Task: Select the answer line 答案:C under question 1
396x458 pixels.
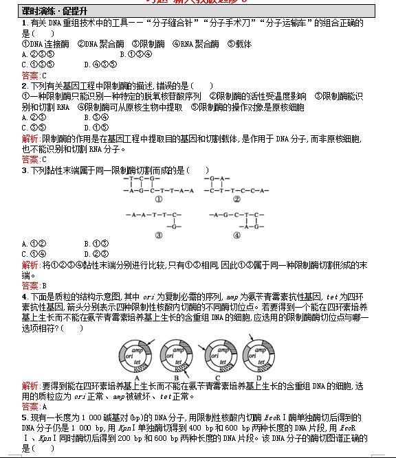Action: tap(34, 76)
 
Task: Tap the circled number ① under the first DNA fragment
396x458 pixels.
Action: tap(157, 200)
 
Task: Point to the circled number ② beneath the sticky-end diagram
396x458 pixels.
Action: tap(236, 200)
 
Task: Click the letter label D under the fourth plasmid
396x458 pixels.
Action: tap(259, 378)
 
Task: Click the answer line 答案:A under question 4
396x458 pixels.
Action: tap(34, 407)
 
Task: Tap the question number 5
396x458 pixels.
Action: tap(24, 417)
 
